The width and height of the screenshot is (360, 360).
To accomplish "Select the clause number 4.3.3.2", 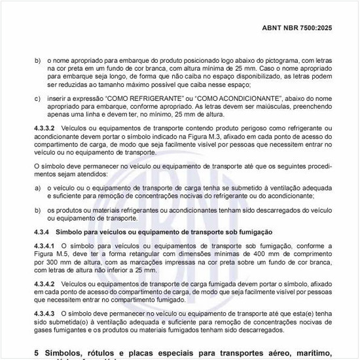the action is (45, 127).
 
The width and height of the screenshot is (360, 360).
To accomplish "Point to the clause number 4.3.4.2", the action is (45, 283).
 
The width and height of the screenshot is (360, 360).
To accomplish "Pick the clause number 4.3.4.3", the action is (45, 314).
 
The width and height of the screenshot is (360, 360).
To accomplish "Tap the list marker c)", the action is (37, 98).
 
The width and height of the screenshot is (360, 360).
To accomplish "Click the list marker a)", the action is (37, 187).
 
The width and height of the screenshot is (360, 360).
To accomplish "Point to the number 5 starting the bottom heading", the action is (36, 352).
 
